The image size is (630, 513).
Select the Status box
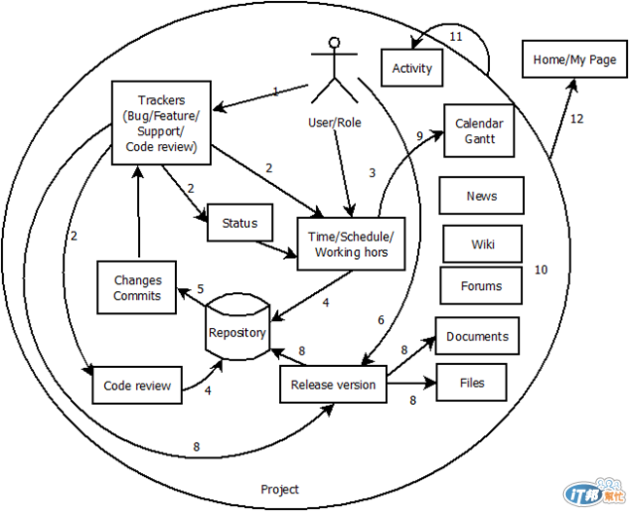(239, 223)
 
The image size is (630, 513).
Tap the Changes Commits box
(137, 287)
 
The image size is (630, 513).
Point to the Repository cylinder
(237, 330)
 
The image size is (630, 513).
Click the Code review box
(137, 385)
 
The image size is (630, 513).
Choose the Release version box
(333, 385)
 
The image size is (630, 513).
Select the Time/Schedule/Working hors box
(351, 244)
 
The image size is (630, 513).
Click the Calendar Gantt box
(478, 130)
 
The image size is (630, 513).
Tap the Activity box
(412, 69)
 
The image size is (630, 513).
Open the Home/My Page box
(575, 60)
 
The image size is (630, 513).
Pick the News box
(481, 196)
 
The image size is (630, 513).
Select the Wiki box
(481, 243)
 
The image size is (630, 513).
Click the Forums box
(481, 286)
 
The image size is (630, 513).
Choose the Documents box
(477, 336)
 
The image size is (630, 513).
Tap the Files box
(472, 383)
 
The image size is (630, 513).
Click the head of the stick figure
(335, 43)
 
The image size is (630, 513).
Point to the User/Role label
(334, 122)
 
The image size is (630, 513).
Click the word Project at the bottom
(280, 489)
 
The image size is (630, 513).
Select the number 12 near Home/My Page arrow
(577, 119)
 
